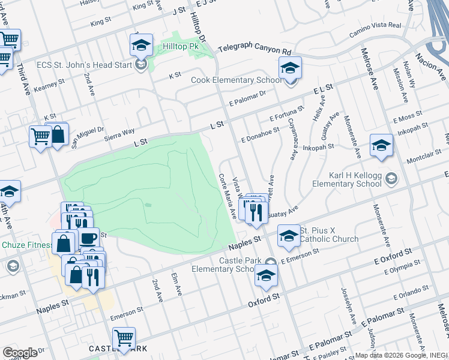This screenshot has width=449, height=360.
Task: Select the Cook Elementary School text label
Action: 236,80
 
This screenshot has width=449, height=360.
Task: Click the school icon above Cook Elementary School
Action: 290,68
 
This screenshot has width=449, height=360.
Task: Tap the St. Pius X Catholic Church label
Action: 329,235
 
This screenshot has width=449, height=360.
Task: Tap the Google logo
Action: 20,353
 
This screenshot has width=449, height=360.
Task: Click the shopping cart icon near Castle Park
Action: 124,337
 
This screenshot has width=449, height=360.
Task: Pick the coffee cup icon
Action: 88,238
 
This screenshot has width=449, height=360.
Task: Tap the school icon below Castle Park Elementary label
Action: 266,275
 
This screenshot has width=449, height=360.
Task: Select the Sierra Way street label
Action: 120,133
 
